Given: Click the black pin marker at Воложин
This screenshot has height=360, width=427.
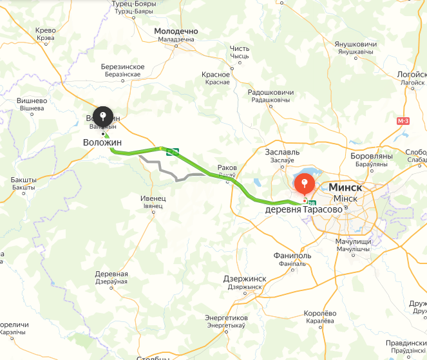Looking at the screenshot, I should tap(102, 117).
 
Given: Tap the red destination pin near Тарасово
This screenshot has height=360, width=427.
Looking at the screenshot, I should tap(304, 185).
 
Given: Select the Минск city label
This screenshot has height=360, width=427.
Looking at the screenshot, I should tap(345, 187).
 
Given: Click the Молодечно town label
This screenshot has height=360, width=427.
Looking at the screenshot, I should tap(176, 31).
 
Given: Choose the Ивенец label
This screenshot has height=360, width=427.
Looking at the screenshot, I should tap(153, 198).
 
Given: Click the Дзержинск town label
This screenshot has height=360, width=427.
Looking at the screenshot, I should tap(245, 278).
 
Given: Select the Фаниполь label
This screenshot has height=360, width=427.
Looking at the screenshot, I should tap(293, 256).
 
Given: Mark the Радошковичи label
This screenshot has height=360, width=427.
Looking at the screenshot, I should tap(270, 92).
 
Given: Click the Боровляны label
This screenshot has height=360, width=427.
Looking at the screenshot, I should tap(371, 156).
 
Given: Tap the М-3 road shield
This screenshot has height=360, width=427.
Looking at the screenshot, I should tap(403, 121).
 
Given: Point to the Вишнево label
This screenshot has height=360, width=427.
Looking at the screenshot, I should tap(32, 100).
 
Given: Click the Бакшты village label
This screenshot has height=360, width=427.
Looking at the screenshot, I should tap(23, 180).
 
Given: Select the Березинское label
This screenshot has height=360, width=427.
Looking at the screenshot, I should tap(122, 67).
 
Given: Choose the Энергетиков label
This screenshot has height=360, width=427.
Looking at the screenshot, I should tap(226, 318).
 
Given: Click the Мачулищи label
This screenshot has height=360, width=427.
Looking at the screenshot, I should tap(354, 242).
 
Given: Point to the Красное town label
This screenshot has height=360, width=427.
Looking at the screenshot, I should tap(216, 75).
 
